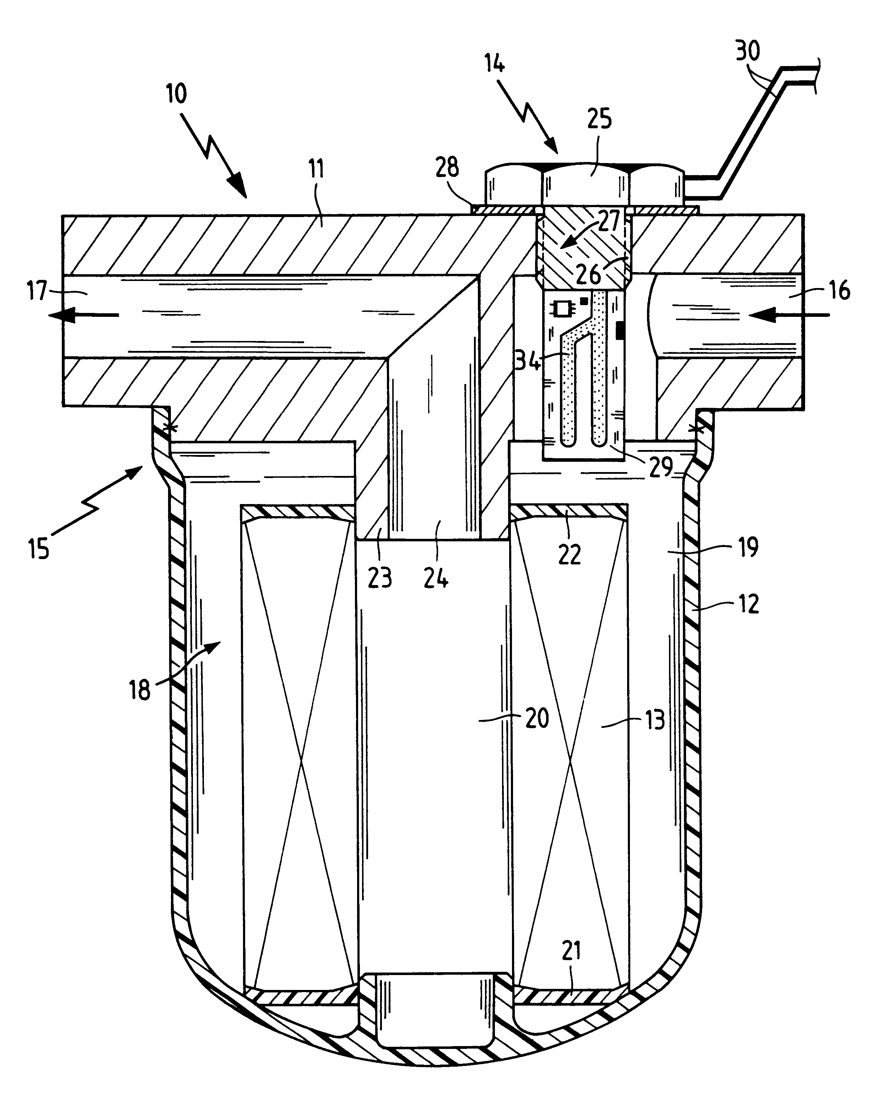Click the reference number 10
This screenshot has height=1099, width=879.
(176, 94)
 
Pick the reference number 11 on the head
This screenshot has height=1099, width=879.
(316, 169)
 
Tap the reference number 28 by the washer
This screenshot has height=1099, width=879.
(447, 167)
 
